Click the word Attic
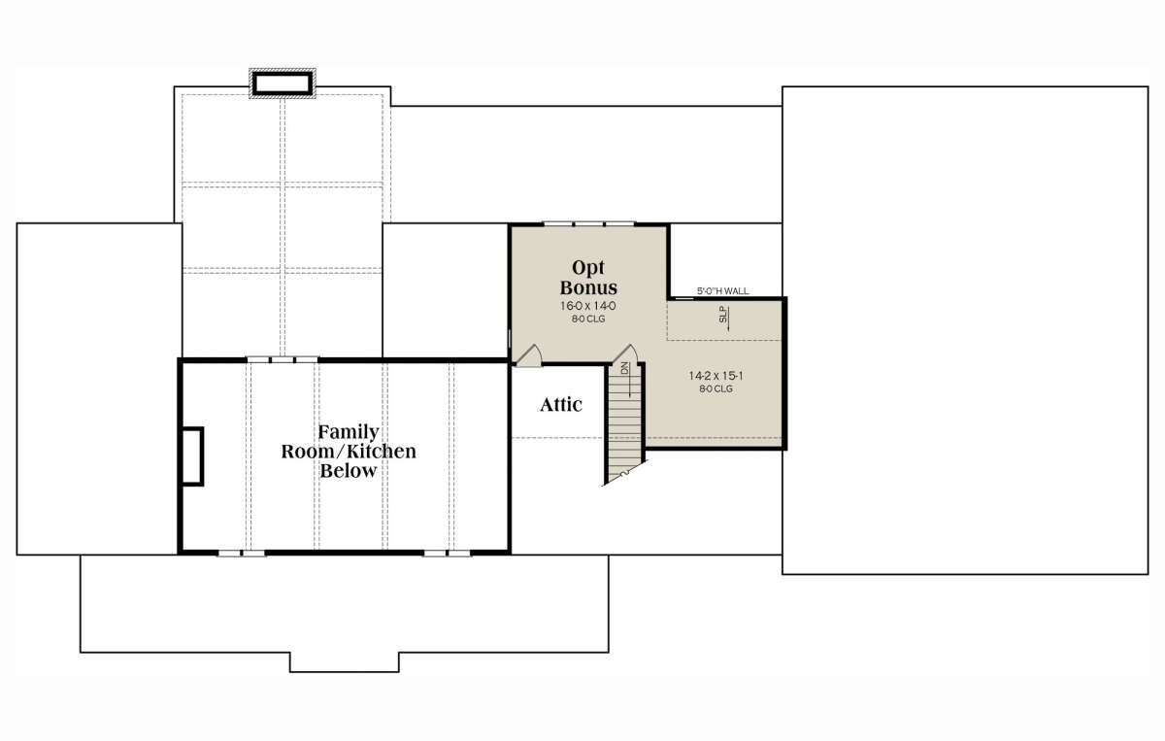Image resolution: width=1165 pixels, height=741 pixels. pos(561,405)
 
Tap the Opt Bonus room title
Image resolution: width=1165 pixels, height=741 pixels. pos(588,278)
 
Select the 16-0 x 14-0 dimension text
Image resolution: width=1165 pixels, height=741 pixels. pos(588,306)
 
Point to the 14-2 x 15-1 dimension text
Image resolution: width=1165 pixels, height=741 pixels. pos(716,376)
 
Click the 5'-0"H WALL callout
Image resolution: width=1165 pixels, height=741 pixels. pos(723,291)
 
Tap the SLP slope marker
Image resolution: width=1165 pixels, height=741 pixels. pos(724,318)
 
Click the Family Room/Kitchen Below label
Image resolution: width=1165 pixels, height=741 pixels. pos(349,452)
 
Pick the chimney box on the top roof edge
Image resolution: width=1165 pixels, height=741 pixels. pos(283,84)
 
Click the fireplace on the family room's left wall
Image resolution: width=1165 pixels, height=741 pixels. pos(192,456)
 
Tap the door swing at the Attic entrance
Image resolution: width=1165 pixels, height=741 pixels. pos(528,355)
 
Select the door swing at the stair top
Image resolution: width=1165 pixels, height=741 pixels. pos(624,354)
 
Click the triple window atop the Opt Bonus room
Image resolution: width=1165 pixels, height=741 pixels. pos(588,224)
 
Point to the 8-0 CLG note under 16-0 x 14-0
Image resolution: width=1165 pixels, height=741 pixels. pos(588,319)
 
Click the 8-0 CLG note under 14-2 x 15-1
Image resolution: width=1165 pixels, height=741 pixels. pos(716,389)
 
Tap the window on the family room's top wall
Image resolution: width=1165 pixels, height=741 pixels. pos(283,359)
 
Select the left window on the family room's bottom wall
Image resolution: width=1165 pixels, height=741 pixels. pos(242,554)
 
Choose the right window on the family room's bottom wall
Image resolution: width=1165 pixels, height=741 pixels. pos(447,554)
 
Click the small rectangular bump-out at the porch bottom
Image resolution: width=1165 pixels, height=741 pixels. pos(345,662)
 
